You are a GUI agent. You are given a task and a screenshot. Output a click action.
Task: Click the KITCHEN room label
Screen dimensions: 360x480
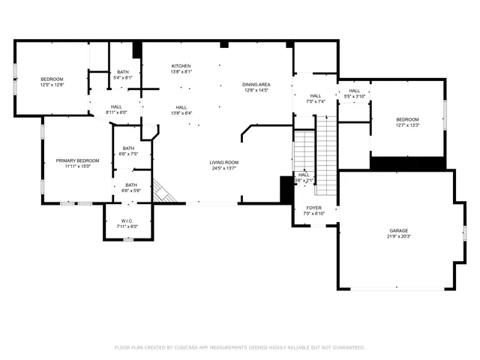click(181, 66)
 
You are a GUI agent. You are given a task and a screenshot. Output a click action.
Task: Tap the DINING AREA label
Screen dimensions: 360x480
click(255, 85)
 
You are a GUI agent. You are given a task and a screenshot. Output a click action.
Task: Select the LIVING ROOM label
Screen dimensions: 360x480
click(223, 162)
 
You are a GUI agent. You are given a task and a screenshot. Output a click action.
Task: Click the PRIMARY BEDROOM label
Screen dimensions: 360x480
click(77, 160)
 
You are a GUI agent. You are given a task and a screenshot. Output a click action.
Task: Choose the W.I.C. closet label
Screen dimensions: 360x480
click(127, 221)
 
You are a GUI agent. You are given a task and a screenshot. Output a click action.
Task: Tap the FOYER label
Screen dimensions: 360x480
click(313, 208)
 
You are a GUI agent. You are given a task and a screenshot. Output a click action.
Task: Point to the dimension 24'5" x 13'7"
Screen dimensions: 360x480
click(223, 168)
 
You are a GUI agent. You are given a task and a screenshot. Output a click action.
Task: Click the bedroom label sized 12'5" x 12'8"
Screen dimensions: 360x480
click(52, 79)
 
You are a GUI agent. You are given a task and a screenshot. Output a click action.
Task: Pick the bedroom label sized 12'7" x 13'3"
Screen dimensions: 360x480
click(407, 120)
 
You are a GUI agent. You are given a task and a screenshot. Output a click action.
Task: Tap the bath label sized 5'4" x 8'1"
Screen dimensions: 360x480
click(122, 72)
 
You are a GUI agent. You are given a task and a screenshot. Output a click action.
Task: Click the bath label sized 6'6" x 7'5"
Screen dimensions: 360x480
click(129, 148)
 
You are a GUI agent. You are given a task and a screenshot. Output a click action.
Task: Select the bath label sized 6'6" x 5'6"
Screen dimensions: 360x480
click(131, 185)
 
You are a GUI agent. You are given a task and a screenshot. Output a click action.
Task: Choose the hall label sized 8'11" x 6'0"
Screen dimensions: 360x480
click(117, 107)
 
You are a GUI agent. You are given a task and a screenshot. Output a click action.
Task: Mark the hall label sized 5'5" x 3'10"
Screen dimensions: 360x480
click(354, 91)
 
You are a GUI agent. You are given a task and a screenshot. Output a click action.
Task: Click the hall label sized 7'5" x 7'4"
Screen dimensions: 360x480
click(316, 96)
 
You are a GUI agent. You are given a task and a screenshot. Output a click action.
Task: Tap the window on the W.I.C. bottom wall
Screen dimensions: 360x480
click(127, 238)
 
